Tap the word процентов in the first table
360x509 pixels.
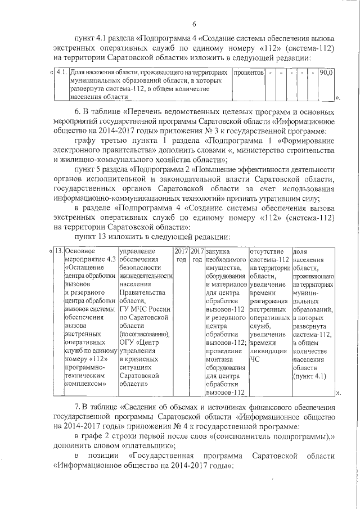click(x=248, y=73)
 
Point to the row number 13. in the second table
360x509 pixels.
click(x=58, y=250)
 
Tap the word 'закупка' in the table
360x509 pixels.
click(x=218, y=250)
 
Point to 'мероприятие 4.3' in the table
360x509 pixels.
click(x=90, y=260)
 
